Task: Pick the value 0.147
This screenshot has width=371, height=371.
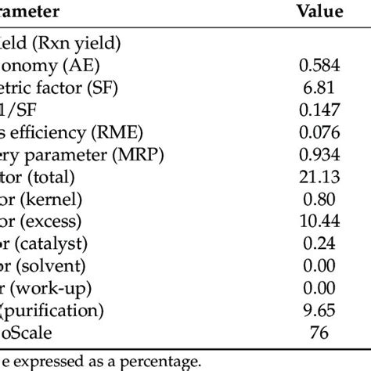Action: click(x=319, y=113)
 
